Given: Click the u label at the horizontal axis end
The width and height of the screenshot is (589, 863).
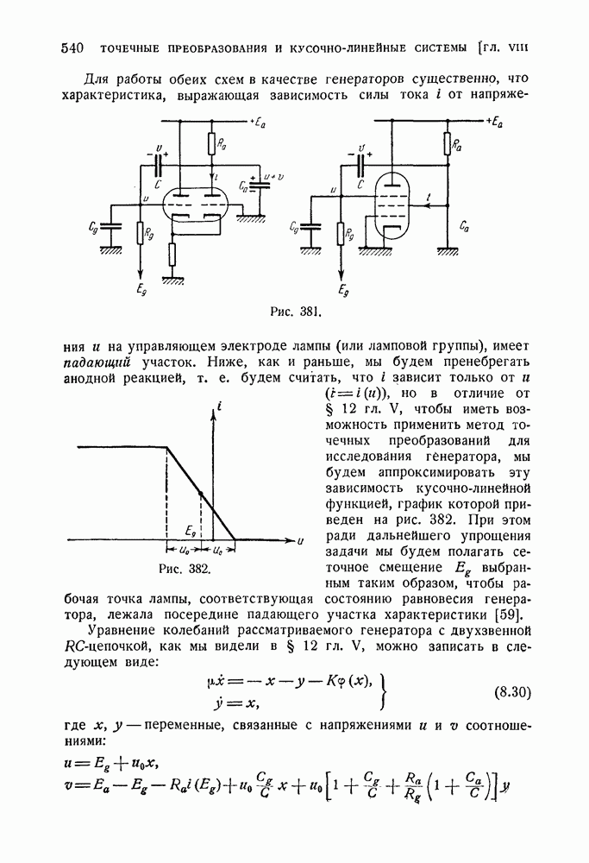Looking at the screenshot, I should click(299, 541).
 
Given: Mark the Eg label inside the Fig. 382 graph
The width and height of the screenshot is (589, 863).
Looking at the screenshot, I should click(191, 526).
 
